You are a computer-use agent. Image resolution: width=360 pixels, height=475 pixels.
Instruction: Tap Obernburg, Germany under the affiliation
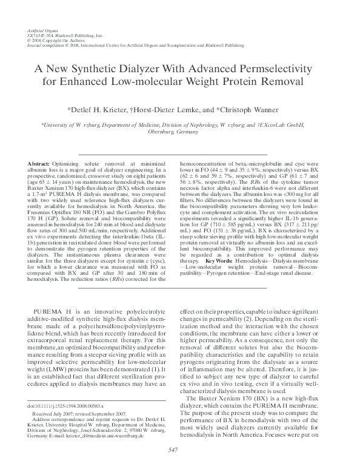pos(180,132)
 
